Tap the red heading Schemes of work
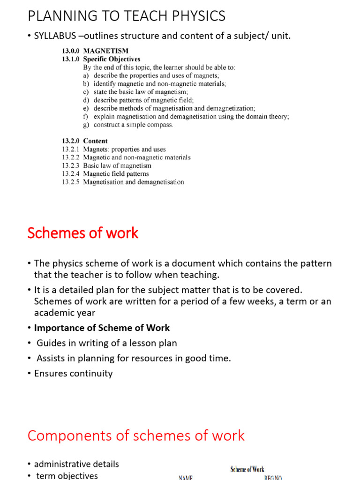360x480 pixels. click(x=83, y=233)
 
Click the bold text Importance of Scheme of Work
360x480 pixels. click(x=102, y=328)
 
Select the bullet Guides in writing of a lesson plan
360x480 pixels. click(x=106, y=343)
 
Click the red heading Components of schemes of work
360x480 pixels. click(x=136, y=435)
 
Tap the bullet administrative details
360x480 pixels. click(x=76, y=464)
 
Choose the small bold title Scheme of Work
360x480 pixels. click(x=247, y=469)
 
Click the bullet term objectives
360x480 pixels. click(x=67, y=475)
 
